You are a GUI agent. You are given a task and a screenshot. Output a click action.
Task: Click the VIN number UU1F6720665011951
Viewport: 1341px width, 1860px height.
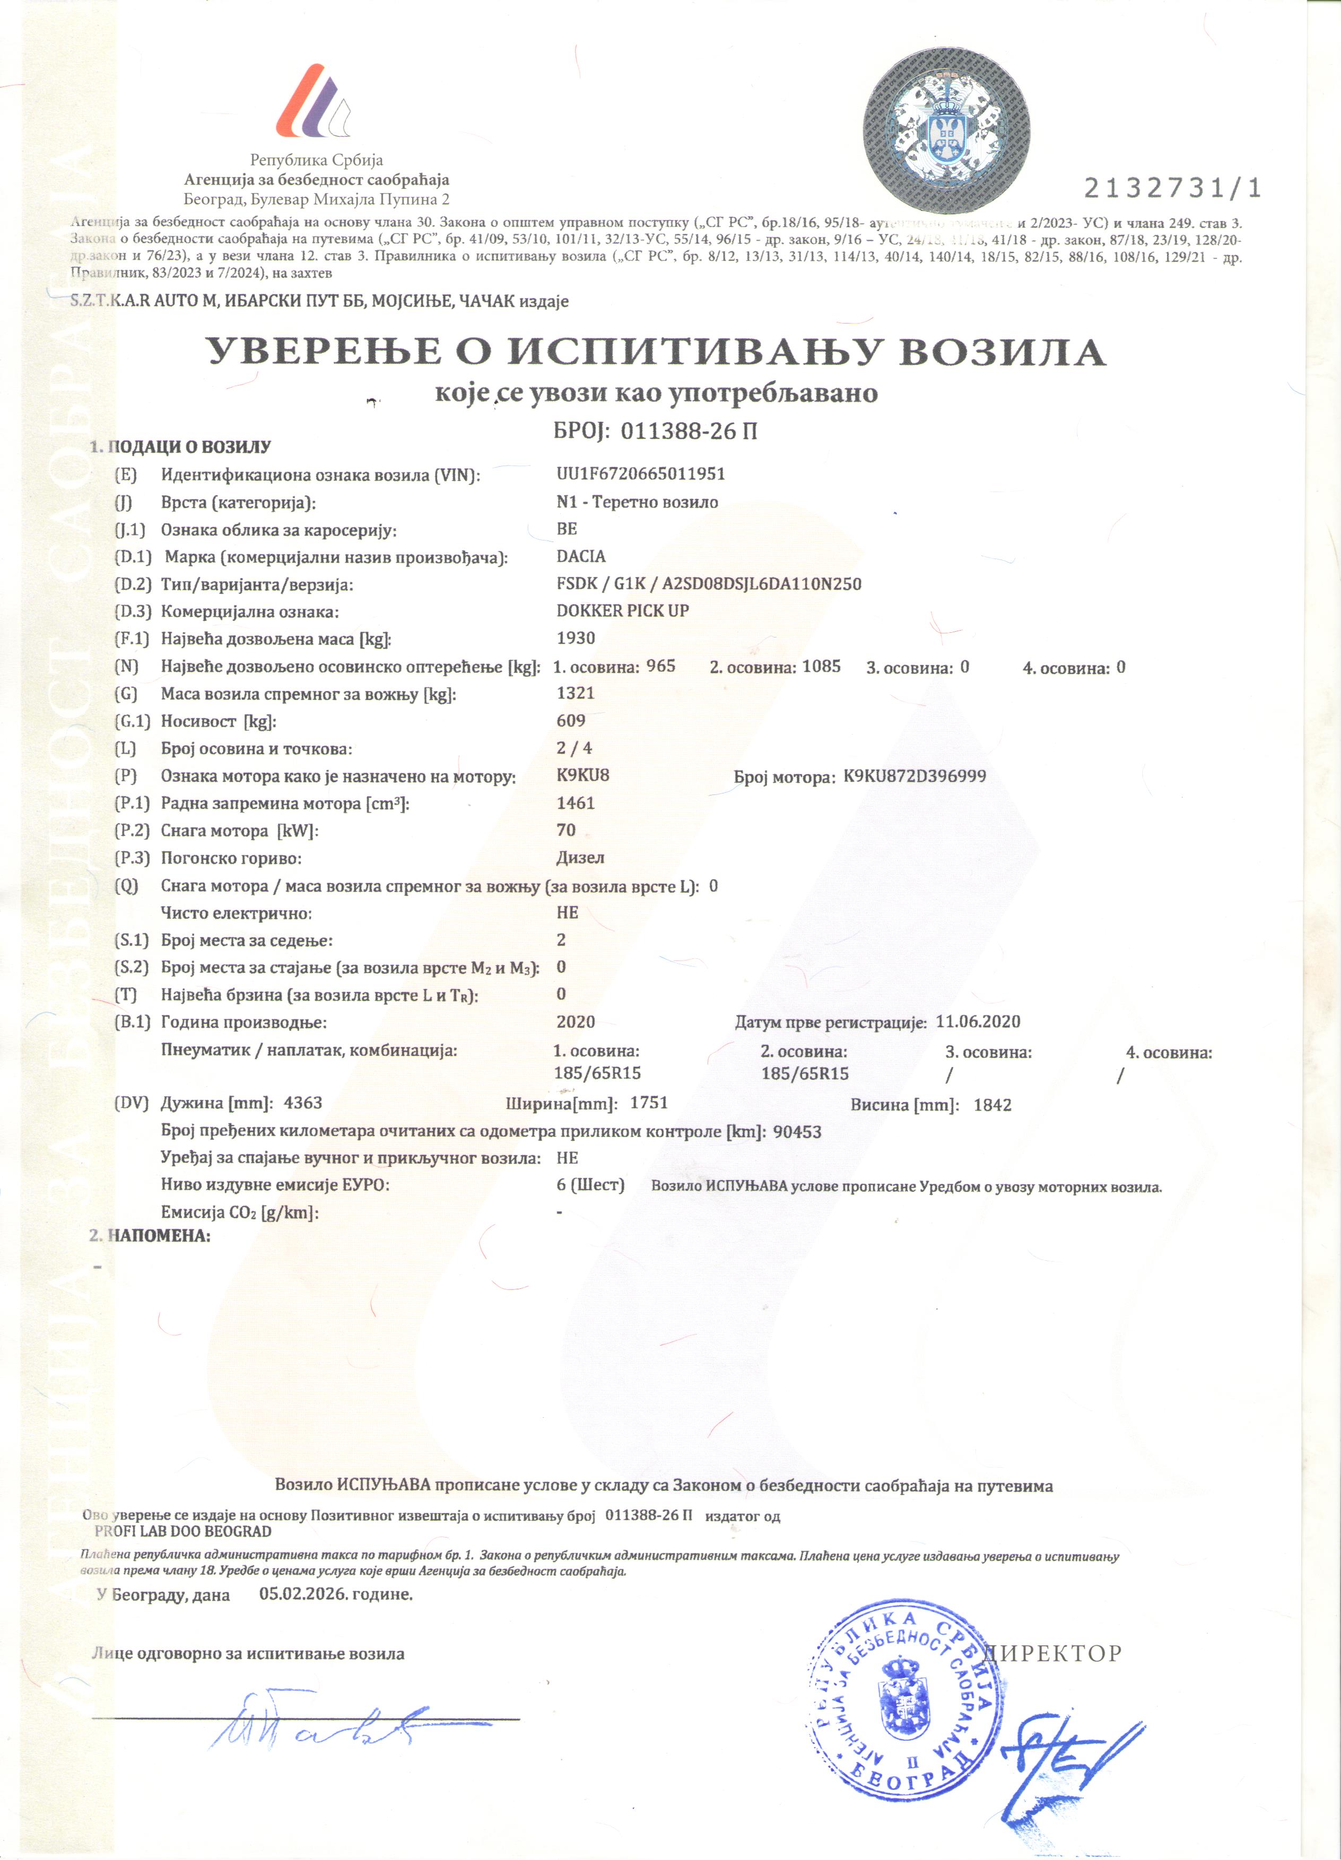(x=641, y=474)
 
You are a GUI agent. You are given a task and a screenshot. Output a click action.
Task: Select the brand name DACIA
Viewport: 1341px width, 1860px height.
(x=581, y=556)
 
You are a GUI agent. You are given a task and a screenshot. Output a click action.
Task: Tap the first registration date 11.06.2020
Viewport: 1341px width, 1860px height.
(x=978, y=1022)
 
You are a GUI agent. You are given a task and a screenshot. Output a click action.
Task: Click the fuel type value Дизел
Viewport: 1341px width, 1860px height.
(x=580, y=858)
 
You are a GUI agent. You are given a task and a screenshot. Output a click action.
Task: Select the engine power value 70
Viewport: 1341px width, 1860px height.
(x=566, y=830)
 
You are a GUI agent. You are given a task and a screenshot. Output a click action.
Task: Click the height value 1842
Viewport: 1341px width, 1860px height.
(x=992, y=1105)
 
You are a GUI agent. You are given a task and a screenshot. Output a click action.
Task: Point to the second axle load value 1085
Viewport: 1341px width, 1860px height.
(x=821, y=666)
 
